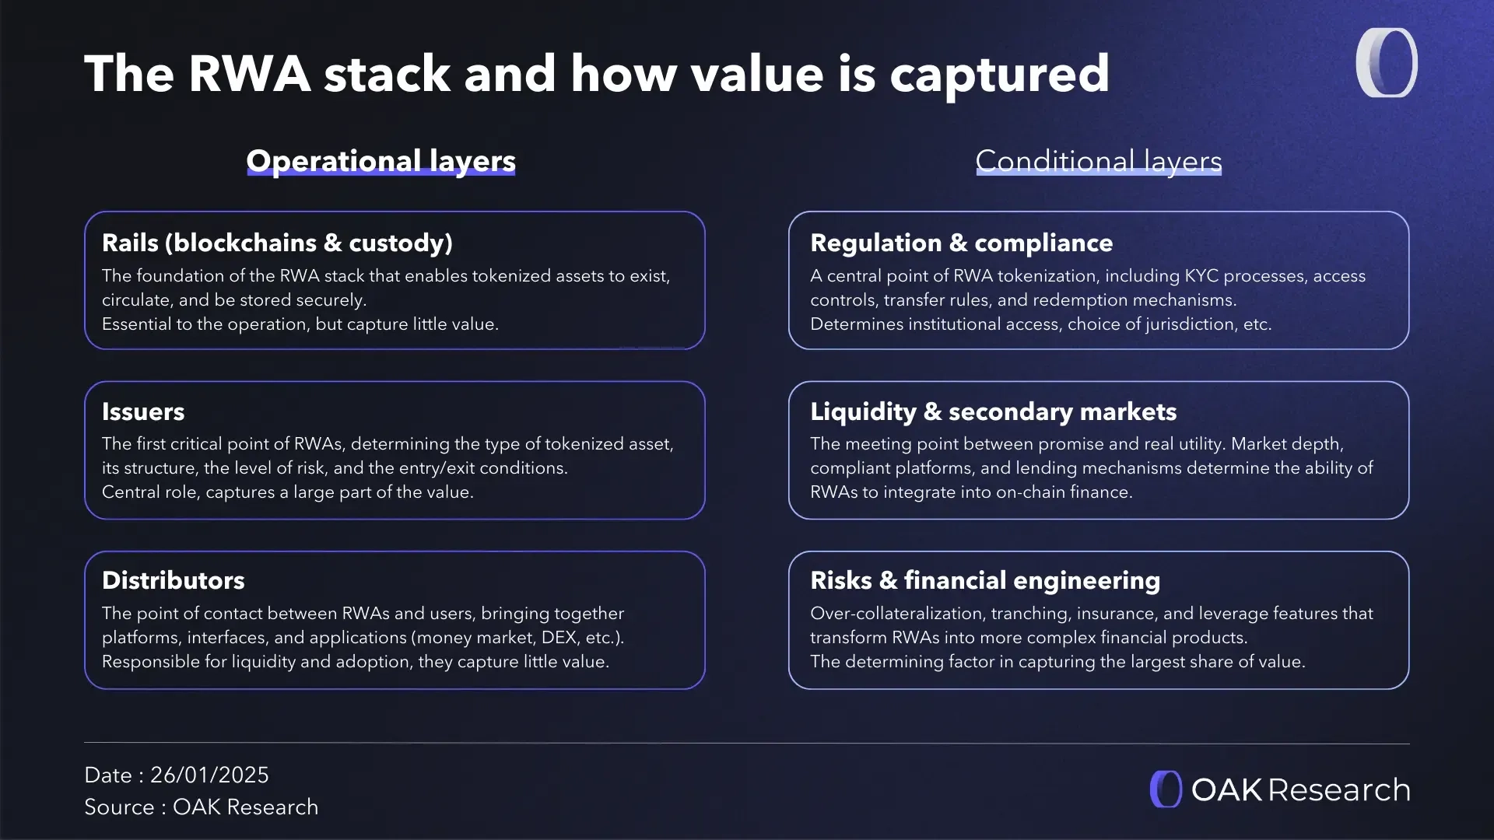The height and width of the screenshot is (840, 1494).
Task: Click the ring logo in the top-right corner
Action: (1387, 63)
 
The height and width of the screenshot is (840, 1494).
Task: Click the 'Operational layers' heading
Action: (381, 161)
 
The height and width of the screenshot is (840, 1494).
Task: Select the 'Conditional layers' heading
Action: (1098, 161)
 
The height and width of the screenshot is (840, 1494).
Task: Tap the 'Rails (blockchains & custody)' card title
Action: (277, 243)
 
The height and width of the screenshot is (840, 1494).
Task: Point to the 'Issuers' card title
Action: (143, 411)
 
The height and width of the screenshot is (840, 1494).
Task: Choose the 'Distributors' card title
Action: (173, 580)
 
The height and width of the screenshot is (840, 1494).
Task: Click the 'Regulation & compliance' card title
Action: (961, 243)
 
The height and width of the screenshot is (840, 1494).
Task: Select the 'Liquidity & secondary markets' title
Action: (993, 411)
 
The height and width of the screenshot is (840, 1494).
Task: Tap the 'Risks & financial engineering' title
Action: (984, 580)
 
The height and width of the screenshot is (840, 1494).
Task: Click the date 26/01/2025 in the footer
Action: (209, 775)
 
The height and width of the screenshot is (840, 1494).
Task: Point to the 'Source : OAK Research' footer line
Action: (201, 807)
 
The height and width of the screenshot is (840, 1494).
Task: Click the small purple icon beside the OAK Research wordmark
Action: (1166, 789)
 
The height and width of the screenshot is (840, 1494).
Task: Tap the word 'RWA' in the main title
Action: (250, 74)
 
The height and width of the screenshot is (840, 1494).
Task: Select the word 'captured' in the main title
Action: (999, 74)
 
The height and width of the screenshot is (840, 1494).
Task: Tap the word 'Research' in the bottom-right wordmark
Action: (1339, 790)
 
